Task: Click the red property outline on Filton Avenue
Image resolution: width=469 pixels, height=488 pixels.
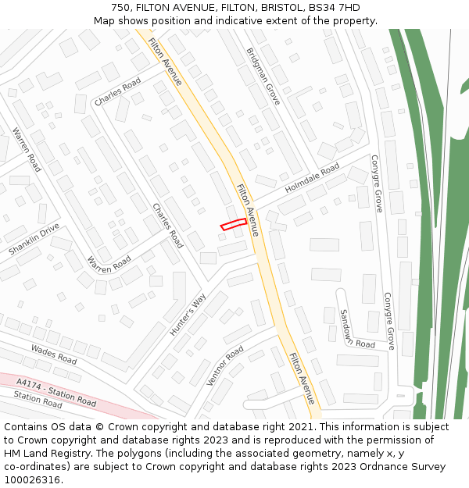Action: coord(234,225)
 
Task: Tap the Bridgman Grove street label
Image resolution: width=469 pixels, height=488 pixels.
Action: coord(263,77)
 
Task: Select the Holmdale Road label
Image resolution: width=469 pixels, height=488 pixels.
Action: coord(312,179)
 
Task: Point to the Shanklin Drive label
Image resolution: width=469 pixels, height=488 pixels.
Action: coord(34,240)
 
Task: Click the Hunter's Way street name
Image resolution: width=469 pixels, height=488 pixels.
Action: coord(188,315)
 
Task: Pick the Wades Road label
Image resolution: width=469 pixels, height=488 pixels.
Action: coord(54,354)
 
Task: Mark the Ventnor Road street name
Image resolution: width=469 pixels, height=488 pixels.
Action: coord(224,365)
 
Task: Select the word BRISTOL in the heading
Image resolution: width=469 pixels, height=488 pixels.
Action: coord(278,8)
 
